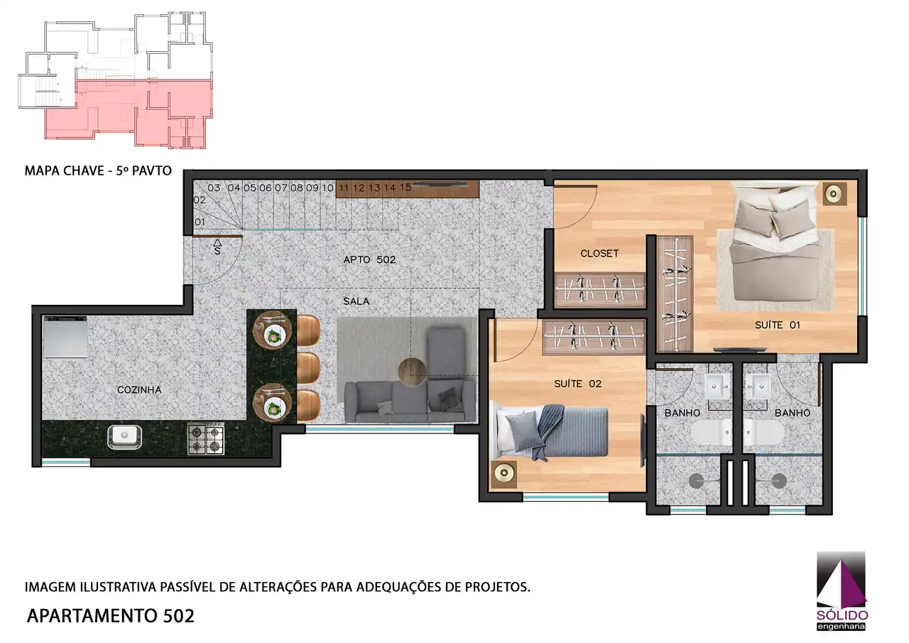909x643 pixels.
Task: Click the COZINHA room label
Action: [139, 390]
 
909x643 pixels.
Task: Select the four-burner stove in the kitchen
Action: [205, 438]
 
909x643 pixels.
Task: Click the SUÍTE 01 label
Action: [778, 325]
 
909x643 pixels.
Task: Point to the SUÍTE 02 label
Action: [577, 384]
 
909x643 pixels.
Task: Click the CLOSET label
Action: [599, 254]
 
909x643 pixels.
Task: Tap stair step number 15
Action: [405, 188]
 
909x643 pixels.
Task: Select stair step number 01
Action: [200, 222]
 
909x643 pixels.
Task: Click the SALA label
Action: [356, 301]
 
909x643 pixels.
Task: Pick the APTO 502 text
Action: [369, 260]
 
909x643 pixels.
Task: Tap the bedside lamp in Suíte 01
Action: [835, 193]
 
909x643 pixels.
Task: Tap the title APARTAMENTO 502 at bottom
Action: [110, 615]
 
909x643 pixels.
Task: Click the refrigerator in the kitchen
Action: [65, 337]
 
